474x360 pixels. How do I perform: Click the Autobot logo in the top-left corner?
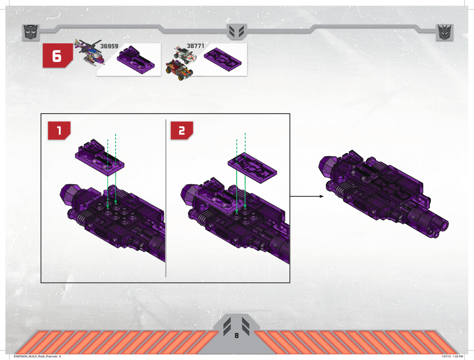(31, 32)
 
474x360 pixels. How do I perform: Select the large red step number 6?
(58, 56)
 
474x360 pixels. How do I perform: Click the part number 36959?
(109, 46)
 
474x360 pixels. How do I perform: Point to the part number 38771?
(195, 45)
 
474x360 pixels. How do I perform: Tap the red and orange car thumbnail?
(179, 70)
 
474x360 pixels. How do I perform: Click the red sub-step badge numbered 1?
(59, 130)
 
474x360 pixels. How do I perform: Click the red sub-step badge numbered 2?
(182, 130)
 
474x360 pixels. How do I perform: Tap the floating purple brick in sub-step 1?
(99, 157)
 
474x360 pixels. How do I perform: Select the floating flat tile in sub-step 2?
(252, 168)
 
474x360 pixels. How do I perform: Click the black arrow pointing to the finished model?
(307, 197)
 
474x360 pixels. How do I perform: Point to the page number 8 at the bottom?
(236, 336)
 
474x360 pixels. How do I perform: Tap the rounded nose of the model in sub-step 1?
(68, 194)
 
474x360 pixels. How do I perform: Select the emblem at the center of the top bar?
(237, 31)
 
